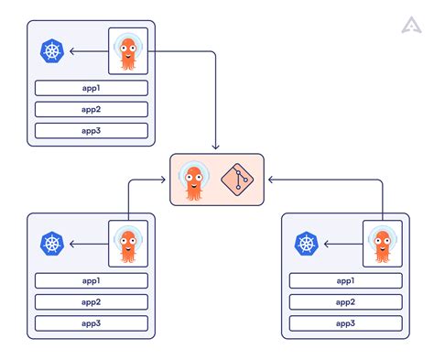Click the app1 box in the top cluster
91,89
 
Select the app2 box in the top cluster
91,109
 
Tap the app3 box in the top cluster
91,130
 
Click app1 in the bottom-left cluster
91,280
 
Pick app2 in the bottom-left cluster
91,301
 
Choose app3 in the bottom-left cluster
91,322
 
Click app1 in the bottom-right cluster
345,280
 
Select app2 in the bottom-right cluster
345,301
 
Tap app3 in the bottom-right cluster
345,322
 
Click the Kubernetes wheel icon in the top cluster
52,51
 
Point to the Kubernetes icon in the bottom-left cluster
52,244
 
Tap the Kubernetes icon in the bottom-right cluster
306,244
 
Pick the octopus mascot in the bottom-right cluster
382,244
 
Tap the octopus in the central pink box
194,180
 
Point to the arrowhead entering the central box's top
216,148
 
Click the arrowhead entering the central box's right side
269,180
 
